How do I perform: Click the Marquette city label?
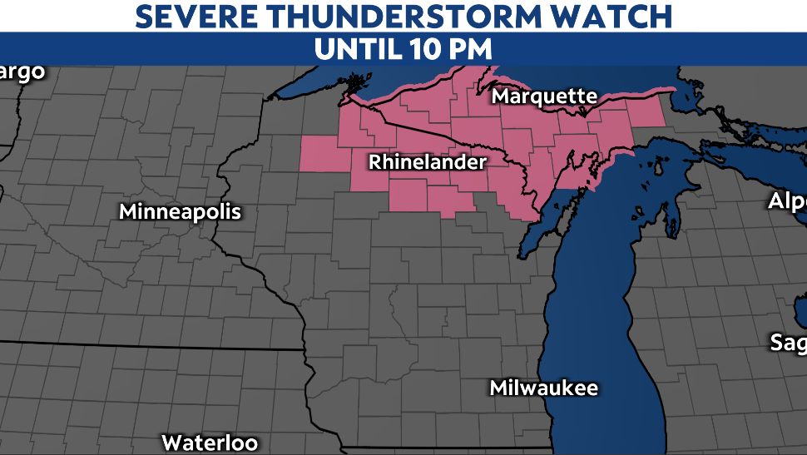point(544,96)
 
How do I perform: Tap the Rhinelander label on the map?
point(427,161)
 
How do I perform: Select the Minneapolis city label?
point(180,211)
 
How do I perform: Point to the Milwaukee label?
point(543,388)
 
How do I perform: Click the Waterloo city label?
point(210,442)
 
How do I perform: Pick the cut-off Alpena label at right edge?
point(787,201)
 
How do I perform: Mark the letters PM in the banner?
point(471,48)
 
